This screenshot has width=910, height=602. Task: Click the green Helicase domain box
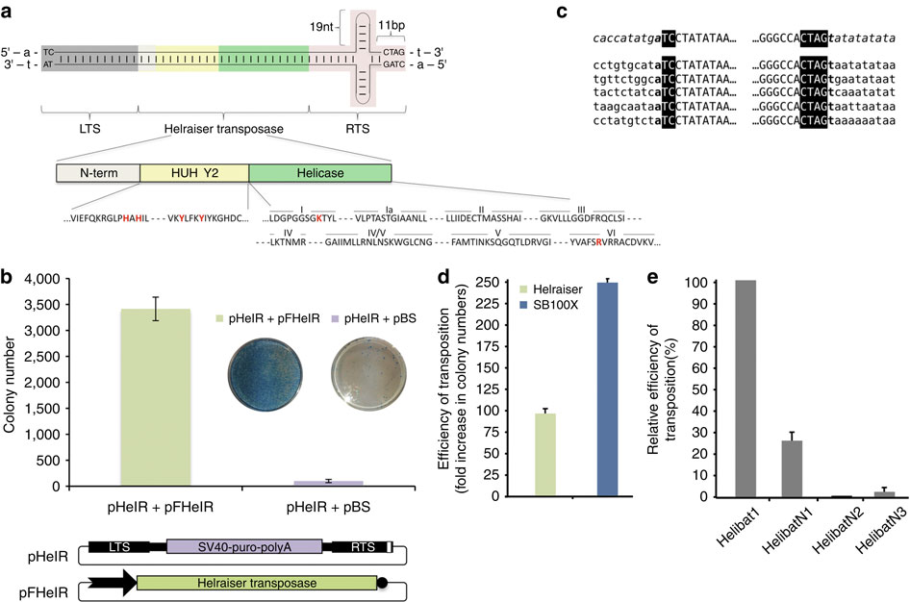(319, 173)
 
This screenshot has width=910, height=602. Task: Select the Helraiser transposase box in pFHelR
(256, 582)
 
